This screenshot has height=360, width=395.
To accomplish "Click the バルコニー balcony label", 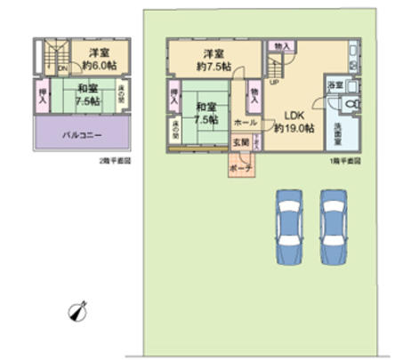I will coord(81,136).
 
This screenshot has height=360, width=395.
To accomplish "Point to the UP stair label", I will coord(273,84).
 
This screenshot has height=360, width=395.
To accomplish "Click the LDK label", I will coord(294,115).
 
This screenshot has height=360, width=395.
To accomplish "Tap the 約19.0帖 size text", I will coord(294,128).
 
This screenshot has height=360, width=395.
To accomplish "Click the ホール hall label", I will coord(246,122).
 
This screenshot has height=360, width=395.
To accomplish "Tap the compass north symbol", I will coord(78,312).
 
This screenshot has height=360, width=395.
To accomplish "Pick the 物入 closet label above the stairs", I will coord(280,46).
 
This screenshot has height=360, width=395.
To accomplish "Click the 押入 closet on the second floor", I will coord(42,93).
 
